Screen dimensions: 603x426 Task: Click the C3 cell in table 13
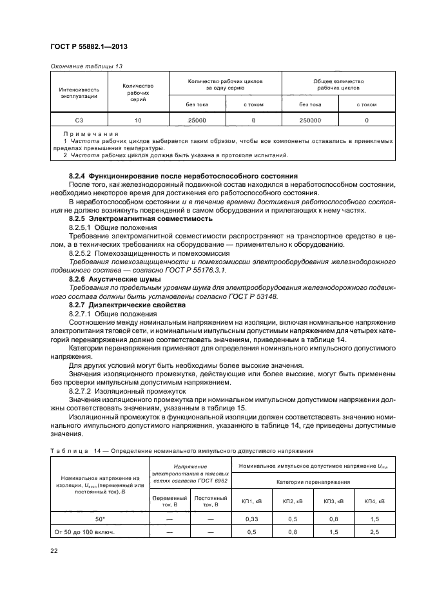[79, 120]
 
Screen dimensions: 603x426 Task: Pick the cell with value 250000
[311, 120]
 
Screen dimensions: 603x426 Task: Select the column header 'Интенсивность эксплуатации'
[79, 92]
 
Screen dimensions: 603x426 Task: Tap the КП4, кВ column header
[374, 501]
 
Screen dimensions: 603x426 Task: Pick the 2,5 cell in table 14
[374, 532]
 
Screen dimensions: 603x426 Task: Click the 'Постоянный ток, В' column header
[210, 501]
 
